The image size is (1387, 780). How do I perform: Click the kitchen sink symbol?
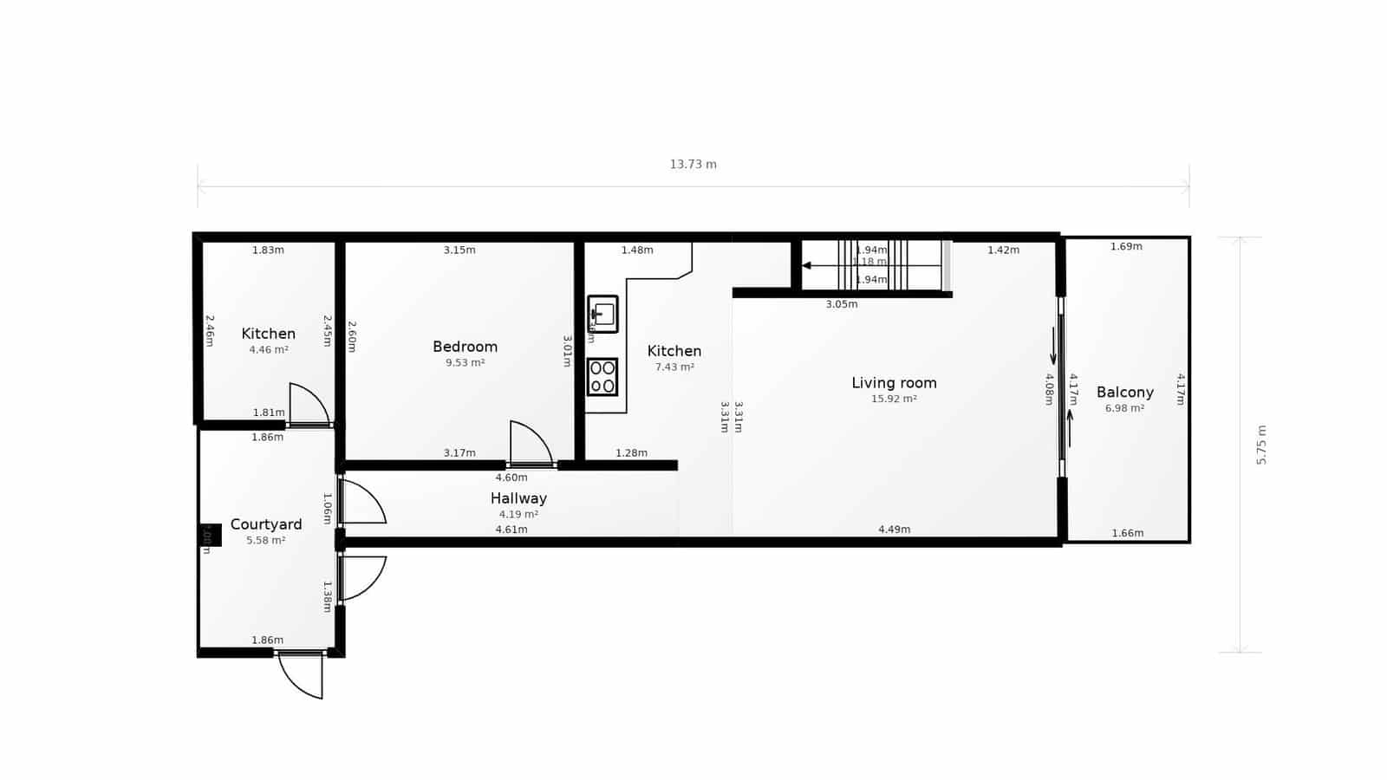(602, 314)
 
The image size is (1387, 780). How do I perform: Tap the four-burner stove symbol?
(602, 377)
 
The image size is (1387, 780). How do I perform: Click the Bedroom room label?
(465, 347)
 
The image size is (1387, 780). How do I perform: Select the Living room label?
(894, 382)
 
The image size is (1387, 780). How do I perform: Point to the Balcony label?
(1124, 392)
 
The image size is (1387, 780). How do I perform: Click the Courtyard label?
(266, 524)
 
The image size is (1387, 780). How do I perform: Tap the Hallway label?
(518, 498)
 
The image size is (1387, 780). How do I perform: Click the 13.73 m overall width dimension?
(693, 164)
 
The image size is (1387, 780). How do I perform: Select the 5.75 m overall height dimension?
(1261, 445)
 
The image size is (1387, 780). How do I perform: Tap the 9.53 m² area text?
(465, 362)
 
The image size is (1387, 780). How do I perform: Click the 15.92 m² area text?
(894, 399)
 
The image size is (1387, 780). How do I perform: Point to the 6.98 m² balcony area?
(1124, 408)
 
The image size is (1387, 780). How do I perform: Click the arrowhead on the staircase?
(807, 265)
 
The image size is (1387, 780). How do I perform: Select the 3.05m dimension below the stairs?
(841, 304)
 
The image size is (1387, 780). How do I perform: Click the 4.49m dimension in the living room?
(894, 529)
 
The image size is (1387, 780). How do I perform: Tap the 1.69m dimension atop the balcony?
(1126, 246)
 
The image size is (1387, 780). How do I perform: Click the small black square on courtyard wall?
(211, 535)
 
